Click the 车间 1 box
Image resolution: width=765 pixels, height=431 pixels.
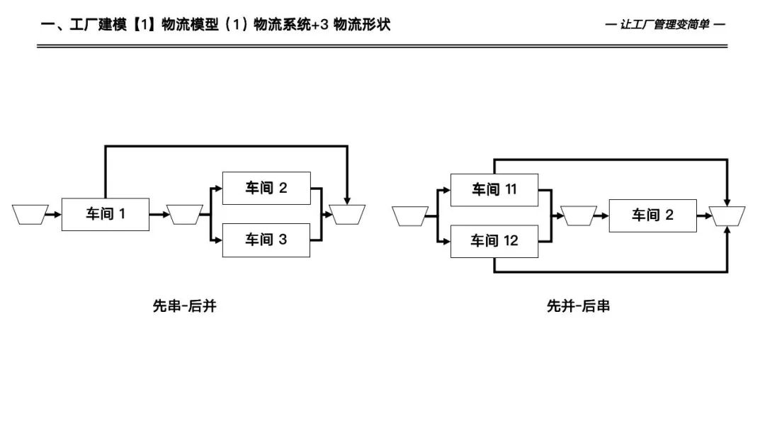[105, 214]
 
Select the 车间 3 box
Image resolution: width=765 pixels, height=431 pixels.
[266, 240]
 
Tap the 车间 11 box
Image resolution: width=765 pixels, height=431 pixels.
[494, 189]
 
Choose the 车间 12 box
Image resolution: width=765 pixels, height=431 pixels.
[494, 241]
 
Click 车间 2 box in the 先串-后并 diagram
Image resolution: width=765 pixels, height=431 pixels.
[266, 189]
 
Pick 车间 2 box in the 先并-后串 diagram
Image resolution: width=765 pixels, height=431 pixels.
[652, 215]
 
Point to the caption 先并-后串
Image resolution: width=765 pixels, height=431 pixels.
[578, 306]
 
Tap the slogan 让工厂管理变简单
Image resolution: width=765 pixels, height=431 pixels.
[665, 25]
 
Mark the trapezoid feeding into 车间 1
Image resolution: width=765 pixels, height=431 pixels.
[30, 214]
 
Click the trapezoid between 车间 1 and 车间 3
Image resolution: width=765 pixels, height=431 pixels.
[186, 214]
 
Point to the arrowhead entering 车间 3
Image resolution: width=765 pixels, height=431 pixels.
[217, 240]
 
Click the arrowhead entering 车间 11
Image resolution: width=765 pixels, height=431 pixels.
[446, 190]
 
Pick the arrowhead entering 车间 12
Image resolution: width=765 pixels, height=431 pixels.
[446, 242]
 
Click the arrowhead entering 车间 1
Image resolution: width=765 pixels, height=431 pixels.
[57, 214]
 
